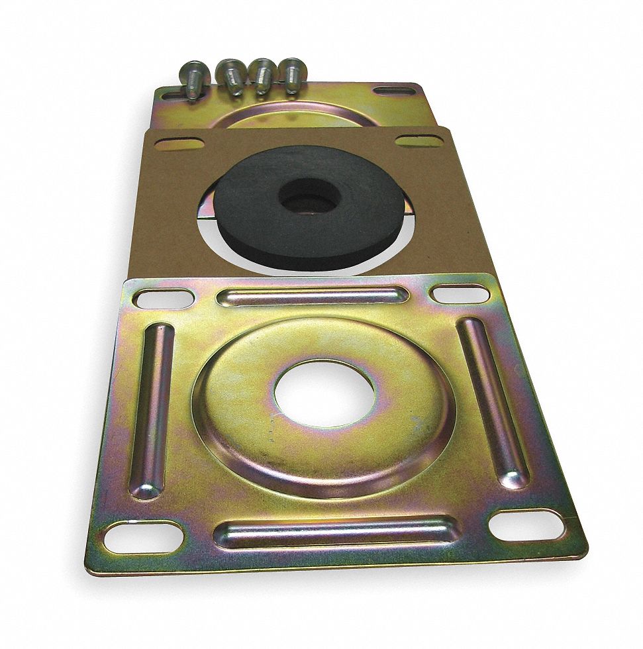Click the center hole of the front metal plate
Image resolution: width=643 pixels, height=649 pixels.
coord(324,393)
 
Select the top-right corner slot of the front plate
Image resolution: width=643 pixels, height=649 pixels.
coord(460,293)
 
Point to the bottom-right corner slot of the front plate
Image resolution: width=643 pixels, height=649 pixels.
coord(527,525)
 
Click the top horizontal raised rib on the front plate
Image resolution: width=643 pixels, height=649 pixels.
coord(312,296)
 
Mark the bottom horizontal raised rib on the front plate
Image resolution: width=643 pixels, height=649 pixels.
coord(338,532)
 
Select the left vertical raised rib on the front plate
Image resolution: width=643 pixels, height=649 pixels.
coord(152,410)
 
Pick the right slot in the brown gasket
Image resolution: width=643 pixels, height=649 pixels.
coord(419,140)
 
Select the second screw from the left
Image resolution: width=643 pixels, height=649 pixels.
coord(231,76)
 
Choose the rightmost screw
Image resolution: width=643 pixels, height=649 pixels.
coord(292,74)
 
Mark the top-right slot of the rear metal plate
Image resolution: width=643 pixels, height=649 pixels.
coord(395,90)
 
